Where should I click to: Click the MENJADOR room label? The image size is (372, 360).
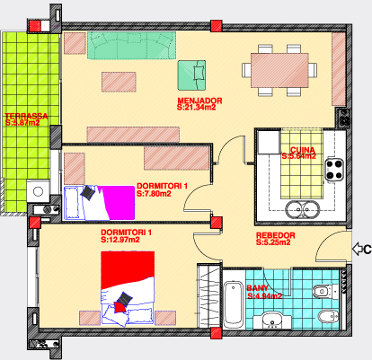tap(199, 101)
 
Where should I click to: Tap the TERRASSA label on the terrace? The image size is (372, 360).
tap(26, 116)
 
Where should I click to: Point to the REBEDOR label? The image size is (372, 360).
tap(276, 235)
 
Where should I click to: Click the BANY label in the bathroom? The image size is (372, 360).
tap(257, 288)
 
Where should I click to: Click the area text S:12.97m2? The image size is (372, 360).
tap(120, 240)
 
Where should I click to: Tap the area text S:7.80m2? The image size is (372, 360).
tap(154, 194)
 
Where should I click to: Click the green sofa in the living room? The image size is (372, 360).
tap(131, 45)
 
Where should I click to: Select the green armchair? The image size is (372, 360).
tap(191, 75)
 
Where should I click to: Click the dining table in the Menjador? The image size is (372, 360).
tap(279, 70)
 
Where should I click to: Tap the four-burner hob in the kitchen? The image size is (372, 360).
tap(334, 170)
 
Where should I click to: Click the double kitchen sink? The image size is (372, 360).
tap(302, 209)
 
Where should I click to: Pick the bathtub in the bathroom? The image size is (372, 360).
tap(234, 303)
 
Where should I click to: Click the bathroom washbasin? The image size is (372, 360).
tap(272, 320)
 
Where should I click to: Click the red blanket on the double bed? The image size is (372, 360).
tap(128, 269)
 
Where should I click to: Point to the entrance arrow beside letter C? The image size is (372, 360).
tap(357, 249)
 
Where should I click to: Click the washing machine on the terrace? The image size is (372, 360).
tap(38, 191)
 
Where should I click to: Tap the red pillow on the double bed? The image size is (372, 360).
tap(120, 307)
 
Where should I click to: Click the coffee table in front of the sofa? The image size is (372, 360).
tap(119, 82)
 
